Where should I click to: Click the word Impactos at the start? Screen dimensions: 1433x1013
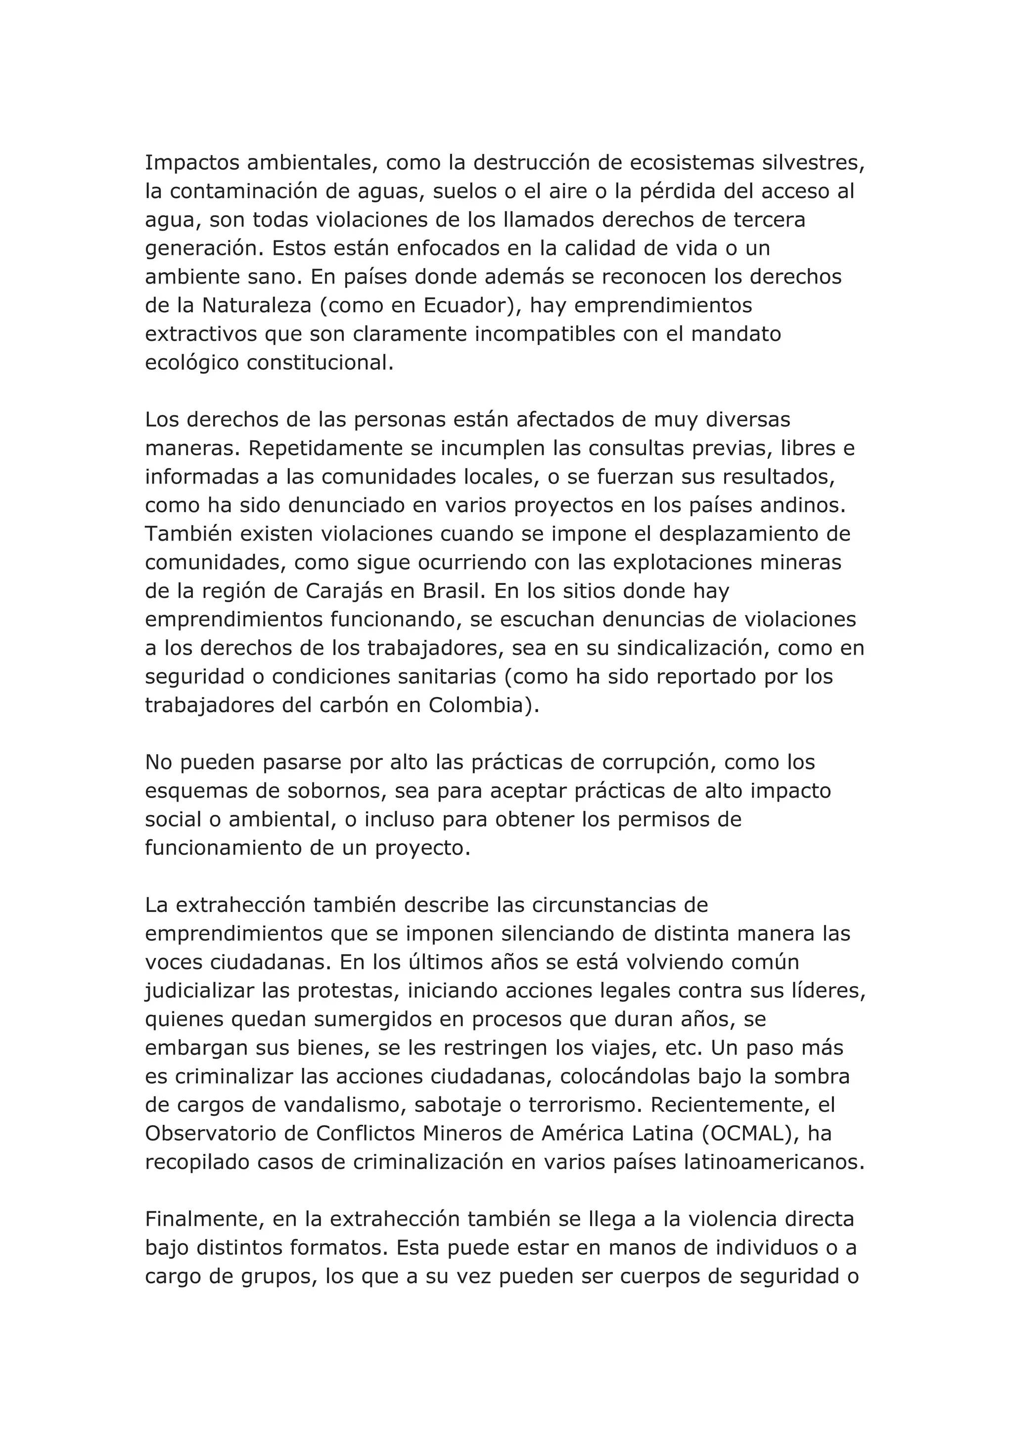190,163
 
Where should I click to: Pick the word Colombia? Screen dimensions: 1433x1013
476,705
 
